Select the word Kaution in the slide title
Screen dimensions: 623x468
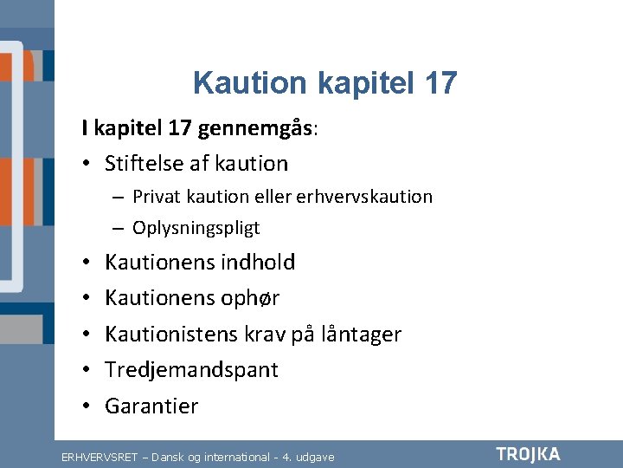pos(250,83)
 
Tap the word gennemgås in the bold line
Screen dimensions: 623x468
pos(255,129)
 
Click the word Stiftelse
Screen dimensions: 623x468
pos(143,163)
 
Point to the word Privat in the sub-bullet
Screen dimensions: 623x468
pos(157,197)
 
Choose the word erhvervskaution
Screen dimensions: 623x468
pos(364,197)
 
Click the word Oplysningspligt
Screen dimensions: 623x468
pos(196,229)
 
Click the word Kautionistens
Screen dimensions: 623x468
pos(171,334)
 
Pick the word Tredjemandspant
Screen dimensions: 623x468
pos(191,370)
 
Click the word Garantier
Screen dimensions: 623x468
pos(151,406)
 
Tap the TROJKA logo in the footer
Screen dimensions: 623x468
pos(528,455)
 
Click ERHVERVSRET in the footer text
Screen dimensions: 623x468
pos(100,458)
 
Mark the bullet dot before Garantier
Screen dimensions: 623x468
pos(87,406)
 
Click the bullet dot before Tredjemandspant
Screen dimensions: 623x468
pos(87,369)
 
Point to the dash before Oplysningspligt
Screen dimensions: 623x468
pos(118,229)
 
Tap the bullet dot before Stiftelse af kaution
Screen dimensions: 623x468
pos(87,163)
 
